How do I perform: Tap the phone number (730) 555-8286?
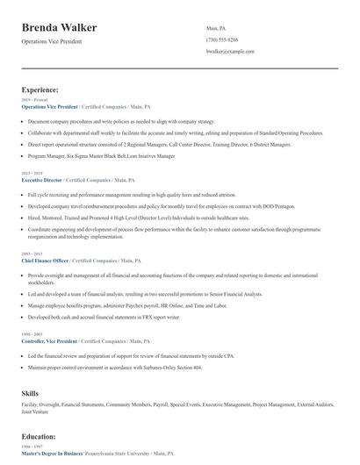[222, 39]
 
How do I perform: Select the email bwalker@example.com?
[230, 52]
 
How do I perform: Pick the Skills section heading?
[31, 394]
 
